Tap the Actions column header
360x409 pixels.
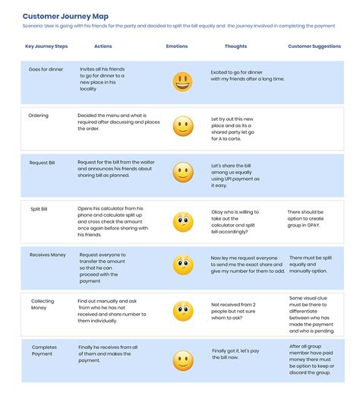(103, 46)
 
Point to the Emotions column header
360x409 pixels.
(177, 46)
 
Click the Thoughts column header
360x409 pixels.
(236, 46)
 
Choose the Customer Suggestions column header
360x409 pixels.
(314, 46)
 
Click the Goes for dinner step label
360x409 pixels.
(46, 69)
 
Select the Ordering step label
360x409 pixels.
(39, 116)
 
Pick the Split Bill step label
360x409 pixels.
(39, 208)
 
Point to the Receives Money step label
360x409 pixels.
(47, 255)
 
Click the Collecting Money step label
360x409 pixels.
(43, 305)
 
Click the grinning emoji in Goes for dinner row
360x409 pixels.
(182, 82)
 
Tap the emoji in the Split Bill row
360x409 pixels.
(183, 222)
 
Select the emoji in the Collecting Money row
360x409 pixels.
(183, 311)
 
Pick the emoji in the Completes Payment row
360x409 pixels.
(183, 360)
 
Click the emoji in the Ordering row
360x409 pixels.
(183, 126)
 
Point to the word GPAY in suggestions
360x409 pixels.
(329, 226)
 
